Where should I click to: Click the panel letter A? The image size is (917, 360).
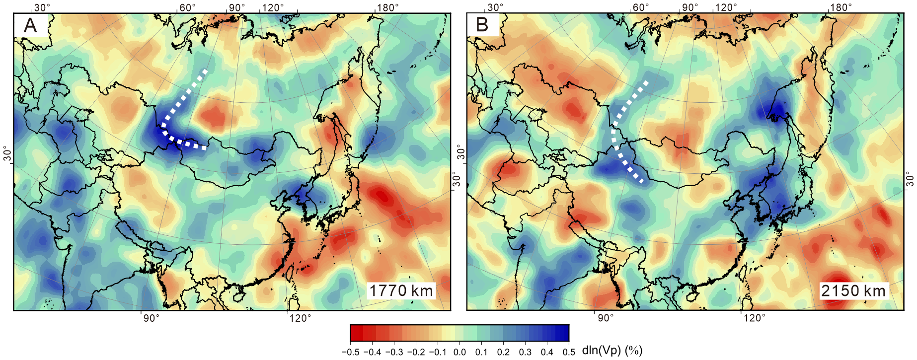tap(30, 25)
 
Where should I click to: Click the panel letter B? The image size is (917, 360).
tap(482, 25)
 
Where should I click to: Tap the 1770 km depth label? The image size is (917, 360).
tap(401, 290)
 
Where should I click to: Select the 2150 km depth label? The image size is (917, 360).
tap(853, 290)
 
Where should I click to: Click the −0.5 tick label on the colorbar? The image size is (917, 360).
tap(350, 352)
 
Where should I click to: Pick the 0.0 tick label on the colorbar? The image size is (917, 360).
tap(459, 352)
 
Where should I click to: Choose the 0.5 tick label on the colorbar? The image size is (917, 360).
tap(569, 352)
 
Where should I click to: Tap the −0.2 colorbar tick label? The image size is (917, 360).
tap(416, 352)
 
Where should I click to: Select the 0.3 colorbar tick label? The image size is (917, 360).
tap(525, 352)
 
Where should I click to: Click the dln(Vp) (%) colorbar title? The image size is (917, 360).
tap(612, 351)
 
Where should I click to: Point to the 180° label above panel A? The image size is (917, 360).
tap(388, 7)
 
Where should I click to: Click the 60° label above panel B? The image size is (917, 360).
tap(641, 7)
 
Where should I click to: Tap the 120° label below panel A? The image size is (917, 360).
tap(300, 318)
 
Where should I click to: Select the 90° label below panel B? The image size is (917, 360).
tap(605, 318)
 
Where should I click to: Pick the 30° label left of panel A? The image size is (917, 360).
tap(7, 154)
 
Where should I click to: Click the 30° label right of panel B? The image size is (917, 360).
tap(911, 179)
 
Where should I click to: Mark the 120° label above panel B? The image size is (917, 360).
tap(726, 7)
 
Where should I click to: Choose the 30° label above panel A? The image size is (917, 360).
tap(42, 7)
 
